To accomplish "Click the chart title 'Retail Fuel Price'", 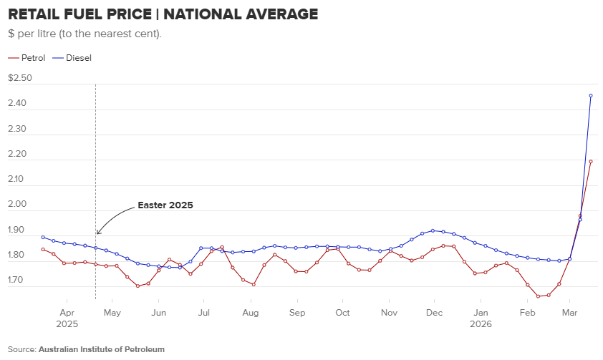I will click(x=163, y=14).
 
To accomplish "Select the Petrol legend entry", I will click(x=33, y=57).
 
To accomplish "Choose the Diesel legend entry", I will click(x=78, y=57).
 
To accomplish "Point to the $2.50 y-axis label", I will click(x=20, y=78).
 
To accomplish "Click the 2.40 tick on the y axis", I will click(x=16, y=104).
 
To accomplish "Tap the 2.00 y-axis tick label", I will click(x=16, y=205).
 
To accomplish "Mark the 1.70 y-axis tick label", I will click(x=16, y=281).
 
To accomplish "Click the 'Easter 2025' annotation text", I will click(x=165, y=205).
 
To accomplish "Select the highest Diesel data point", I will click(x=591, y=95).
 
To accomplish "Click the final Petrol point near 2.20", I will click(x=591, y=162).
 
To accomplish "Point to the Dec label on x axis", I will click(x=434, y=313).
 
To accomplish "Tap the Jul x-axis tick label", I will click(x=204, y=313).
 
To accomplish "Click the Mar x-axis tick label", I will click(x=570, y=313).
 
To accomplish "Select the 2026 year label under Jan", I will click(x=481, y=323).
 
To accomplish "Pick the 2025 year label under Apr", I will click(x=67, y=323).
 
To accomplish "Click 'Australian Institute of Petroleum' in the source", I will click(x=102, y=349).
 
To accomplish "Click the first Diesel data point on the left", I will click(x=43, y=237).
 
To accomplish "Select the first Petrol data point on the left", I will click(x=43, y=249).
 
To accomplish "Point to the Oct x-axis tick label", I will click(x=343, y=313).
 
